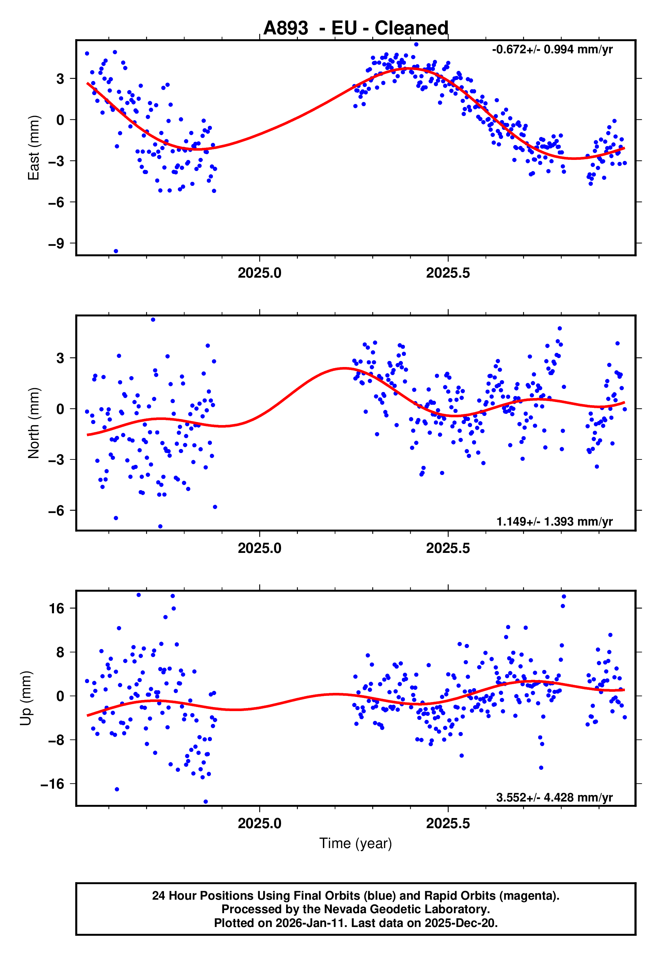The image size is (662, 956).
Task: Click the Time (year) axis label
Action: coord(356,843)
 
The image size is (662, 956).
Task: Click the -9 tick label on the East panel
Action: coord(56,243)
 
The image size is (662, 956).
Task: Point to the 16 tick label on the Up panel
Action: coord(57,609)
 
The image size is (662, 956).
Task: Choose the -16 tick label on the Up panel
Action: coord(52,784)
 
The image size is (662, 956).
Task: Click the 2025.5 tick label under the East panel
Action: coord(448,273)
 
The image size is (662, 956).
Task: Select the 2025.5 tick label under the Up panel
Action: coord(448,823)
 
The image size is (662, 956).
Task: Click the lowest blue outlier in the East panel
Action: coord(116,251)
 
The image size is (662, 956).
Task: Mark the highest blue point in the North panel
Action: coord(153,320)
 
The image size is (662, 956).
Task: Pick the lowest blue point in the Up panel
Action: coord(206,802)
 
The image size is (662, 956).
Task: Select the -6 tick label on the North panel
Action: coord(56,511)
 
